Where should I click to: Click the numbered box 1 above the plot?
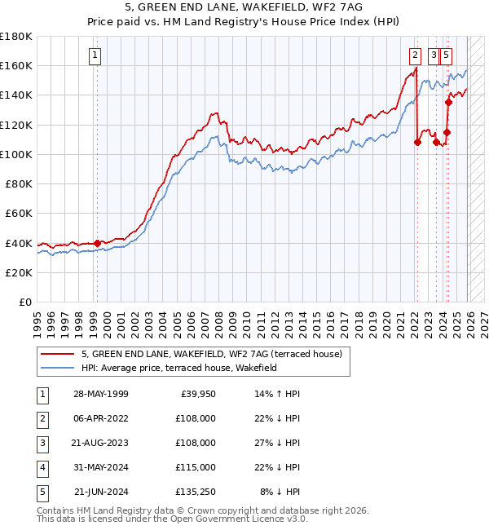[x=95, y=55]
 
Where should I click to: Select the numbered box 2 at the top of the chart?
[x=415, y=55]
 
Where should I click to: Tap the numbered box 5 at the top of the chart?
[x=447, y=55]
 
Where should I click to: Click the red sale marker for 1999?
[x=97, y=243]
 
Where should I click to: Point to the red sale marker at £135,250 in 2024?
[x=448, y=103]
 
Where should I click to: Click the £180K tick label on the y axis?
[x=16, y=36]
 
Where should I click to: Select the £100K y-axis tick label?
[x=16, y=154]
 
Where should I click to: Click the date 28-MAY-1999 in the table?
[x=100, y=394]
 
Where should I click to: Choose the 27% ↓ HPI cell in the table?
[x=280, y=443]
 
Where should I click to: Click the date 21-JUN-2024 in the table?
[x=100, y=492]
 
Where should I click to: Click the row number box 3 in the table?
[x=41, y=443]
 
